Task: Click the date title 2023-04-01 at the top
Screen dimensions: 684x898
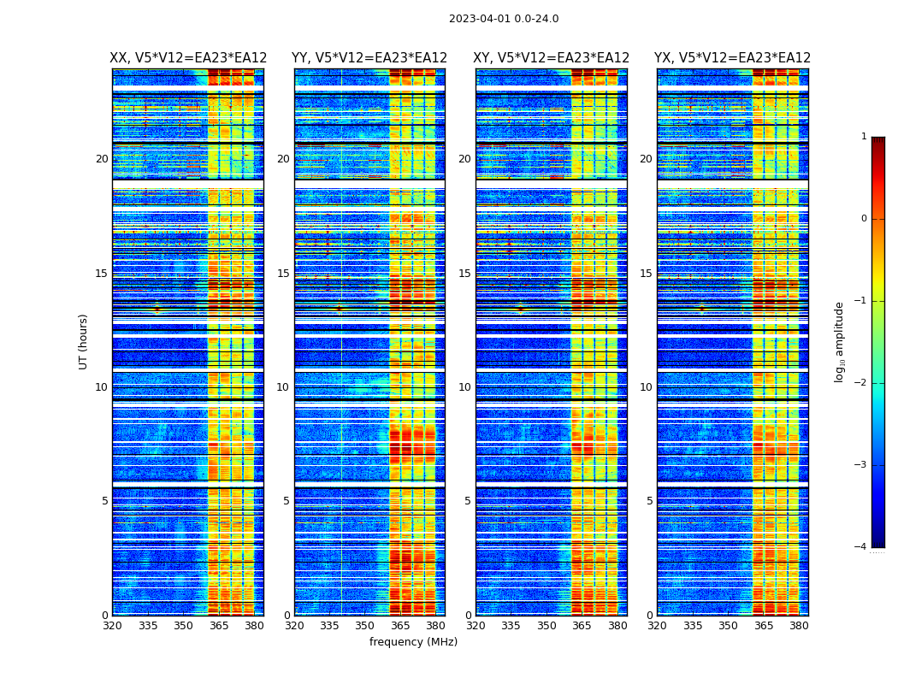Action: click(x=504, y=19)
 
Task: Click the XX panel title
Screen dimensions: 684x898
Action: click(x=188, y=58)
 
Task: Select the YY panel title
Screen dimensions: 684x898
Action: click(x=369, y=58)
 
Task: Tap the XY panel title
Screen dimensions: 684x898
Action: click(x=552, y=58)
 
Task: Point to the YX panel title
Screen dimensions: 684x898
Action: click(x=733, y=58)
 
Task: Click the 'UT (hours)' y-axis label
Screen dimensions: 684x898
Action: click(x=84, y=341)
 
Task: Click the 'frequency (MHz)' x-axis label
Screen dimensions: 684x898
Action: click(x=413, y=642)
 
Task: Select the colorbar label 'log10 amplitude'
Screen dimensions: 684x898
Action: click(x=840, y=341)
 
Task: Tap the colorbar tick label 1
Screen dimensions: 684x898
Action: click(x=863, y=137)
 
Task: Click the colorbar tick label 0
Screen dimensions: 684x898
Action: click(x=863, y=219)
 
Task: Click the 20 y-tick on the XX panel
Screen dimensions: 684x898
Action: click(x=102, y=159)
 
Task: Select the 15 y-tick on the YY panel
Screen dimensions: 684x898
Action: click(x=283, y=274)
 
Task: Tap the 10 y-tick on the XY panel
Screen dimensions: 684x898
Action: click(x=464, y=387)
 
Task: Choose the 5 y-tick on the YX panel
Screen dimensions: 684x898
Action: click(x=649, y=501)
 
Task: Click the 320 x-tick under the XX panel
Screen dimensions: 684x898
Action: click(x=112, y=626)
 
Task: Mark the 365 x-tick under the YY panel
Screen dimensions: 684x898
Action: click(x=401, y=626)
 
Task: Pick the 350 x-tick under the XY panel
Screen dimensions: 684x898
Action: click(x=546, y=626)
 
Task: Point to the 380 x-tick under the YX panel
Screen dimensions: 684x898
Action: click(x=799, y=626)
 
